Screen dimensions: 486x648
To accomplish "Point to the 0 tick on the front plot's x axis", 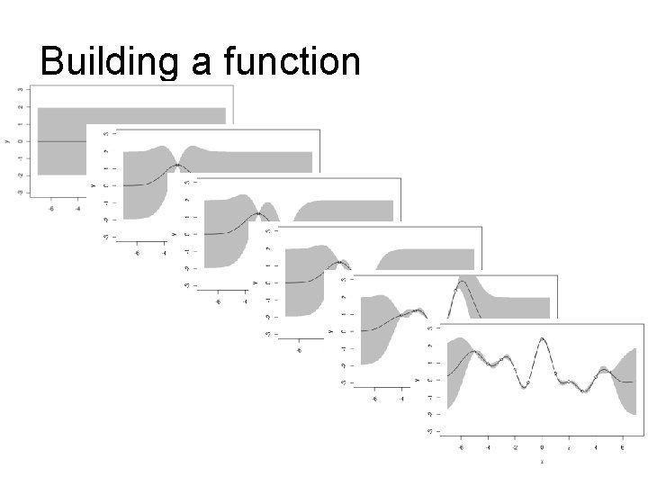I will pyautogui.click(x=542, y=445).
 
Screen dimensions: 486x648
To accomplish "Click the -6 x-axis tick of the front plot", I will pyautogui.click(x=461, y=445).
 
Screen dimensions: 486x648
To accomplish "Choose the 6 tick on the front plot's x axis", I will pyautogui.click(x=622, y=445).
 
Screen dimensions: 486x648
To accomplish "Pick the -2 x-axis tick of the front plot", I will pyautogui.click(x=515, y=445).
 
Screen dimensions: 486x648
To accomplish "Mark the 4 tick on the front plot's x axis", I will pyautogui.click(x=596, y=445).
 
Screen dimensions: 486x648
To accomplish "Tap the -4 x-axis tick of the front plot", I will pyautogui.click(x=488, y=445).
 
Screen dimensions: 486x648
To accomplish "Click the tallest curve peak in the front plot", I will pyautogui.click(x=542, y=339).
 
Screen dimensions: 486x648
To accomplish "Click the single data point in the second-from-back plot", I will pyautogui.click(x=178, y=166).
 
